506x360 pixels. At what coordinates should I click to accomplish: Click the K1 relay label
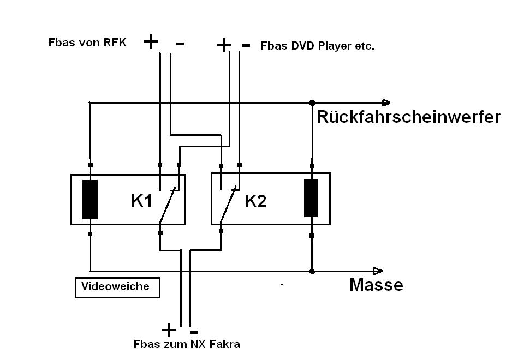click(141, 201)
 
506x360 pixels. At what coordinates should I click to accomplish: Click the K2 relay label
click(255, 201)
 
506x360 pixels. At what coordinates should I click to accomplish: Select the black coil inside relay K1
click(90, 199)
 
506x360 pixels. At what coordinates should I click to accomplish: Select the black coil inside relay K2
click(311, 198)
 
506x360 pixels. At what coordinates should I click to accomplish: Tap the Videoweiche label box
click(117, 287)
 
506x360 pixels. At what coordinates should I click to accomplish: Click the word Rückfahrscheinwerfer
click(408, 117)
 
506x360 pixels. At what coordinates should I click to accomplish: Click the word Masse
click(376, 284)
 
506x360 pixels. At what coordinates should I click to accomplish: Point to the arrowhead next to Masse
click(378, 271)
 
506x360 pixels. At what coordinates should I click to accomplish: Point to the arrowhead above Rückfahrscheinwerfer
click(386, 102)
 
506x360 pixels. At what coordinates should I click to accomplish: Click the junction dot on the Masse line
click(312, 271)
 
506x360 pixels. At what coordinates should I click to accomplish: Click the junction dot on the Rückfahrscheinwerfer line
click(312, 102)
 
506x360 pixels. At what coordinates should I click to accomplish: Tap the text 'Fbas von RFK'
click(87, 43)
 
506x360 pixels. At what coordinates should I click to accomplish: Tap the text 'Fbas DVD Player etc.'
click(317, 46)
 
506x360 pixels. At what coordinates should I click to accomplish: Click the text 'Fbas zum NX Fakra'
click(187, 344)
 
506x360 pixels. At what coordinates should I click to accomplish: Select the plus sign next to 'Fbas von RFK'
click(150, 41)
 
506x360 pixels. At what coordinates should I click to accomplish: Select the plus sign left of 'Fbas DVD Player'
click(223, 45)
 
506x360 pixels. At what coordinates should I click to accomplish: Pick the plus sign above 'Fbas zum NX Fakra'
click(169, 329)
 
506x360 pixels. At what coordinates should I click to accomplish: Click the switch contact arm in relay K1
click(168, 206)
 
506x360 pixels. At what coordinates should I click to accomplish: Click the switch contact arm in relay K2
click(228, 206)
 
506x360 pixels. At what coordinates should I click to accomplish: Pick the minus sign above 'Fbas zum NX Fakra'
click(193, 331)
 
